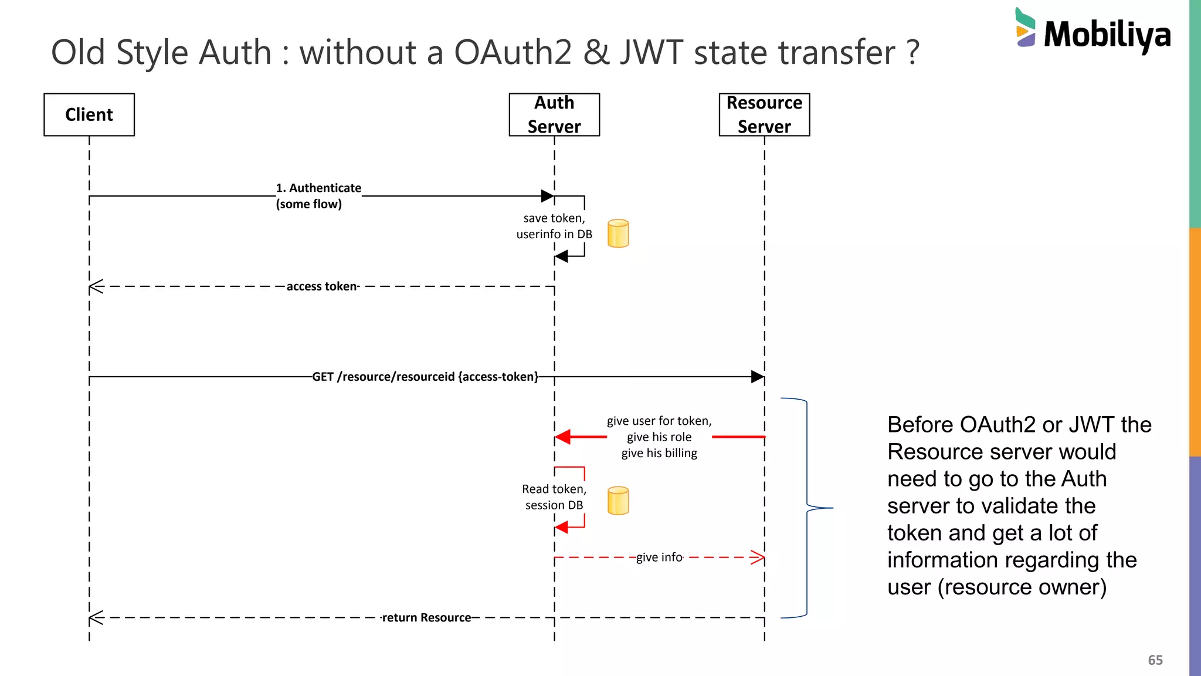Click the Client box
pos(89,114)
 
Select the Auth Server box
pos(554,114)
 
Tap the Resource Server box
pos(764,114)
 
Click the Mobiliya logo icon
pos(1025,28)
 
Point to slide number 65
pos(1155,660)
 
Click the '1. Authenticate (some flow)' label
pos(318,196)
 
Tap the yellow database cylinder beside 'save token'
pos(618,234)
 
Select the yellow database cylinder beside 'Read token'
pos(618,501)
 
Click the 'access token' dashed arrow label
pos(323,286)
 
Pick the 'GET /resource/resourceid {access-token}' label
pos(425,377)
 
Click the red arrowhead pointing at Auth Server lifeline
pos(563,437)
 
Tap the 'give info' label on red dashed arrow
pos(659,557)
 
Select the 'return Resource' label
pos(426,617)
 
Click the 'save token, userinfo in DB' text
pos(554,226)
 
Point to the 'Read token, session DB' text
pos(554,497)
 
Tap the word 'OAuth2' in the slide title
pos(513,52)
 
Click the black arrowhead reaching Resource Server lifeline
pos(758,377)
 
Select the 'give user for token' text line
pos(659,421)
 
